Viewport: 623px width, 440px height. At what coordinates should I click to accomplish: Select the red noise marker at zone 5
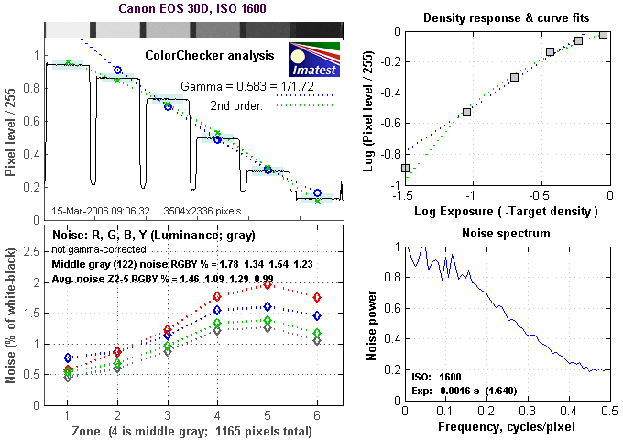[268, 285]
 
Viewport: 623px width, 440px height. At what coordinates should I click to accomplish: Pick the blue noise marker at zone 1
[67, 357]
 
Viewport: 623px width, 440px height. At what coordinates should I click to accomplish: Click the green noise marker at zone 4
[217, 323]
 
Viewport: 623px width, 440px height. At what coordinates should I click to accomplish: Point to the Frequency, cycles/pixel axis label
[507, 428]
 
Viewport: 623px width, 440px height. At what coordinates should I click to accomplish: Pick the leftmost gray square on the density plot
[405, 168]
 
